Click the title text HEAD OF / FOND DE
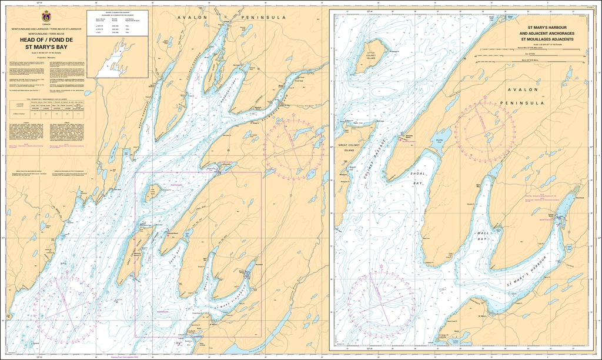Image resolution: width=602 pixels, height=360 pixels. coord(46,41)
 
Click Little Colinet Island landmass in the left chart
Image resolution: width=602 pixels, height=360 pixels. coord(152,191)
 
